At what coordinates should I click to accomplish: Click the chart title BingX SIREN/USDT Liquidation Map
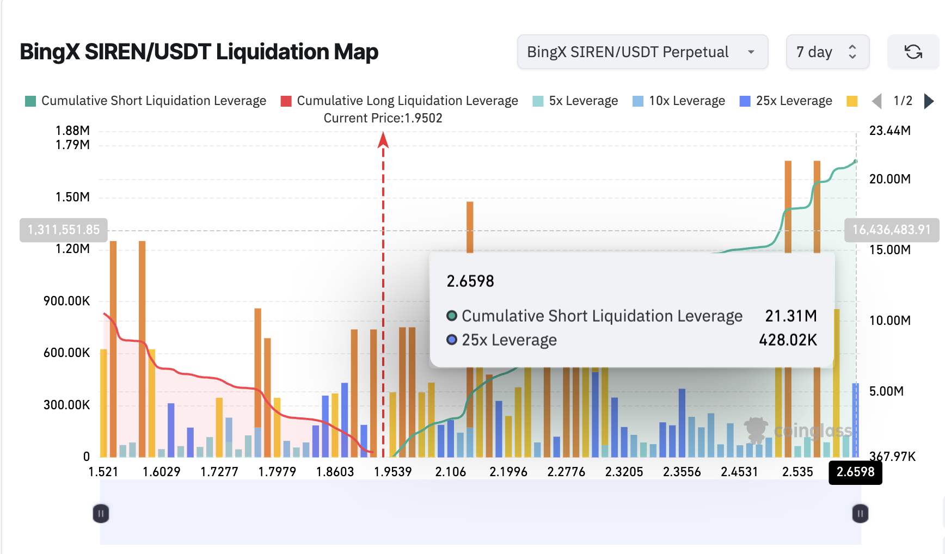[x=199, y=52]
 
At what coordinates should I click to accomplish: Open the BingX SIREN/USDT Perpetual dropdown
[x=642, y=52]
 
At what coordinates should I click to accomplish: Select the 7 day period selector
[x=826, y=52]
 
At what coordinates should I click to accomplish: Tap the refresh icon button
[x=913, y=52]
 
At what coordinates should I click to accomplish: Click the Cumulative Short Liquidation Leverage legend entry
[x=146, y=101]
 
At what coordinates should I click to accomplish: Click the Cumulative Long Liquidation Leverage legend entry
[x=400, y=101]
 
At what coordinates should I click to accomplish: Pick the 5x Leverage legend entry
[x=575, y=101]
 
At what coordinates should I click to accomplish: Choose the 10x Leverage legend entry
[x=679, y=101]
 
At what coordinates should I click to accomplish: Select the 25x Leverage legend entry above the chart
[x=786, y=101]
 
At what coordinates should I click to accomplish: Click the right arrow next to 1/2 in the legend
[x=929, y=101]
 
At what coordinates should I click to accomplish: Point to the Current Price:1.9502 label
[x=383, y=118]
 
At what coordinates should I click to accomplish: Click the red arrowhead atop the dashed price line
[x=383, y=140]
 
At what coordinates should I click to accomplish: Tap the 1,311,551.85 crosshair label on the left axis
[x=64, y=230]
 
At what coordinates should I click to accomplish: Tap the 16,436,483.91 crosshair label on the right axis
[x=891, y=230]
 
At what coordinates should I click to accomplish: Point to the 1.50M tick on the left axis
[x=72, y=197]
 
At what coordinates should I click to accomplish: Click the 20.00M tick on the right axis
[x=889, y=179]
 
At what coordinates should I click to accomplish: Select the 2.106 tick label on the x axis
[x=450, y=472]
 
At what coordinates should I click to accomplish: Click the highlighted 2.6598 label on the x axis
[x=855, y=472]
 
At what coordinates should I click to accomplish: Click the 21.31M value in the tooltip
[x=790, y=316]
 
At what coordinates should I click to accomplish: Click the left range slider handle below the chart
[x=101, y=513]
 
